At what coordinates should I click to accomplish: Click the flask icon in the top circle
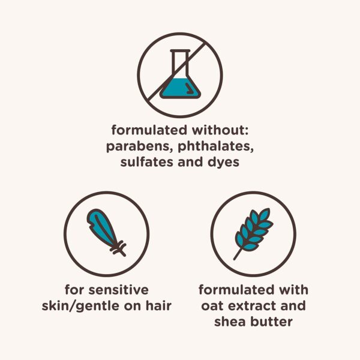pos(180,75)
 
